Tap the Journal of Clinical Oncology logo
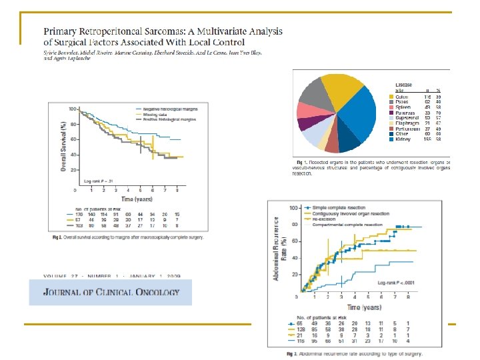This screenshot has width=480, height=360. pyautogui.click(x=110, y=292)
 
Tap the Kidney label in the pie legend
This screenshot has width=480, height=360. pyautogui.click(x=403, y=139)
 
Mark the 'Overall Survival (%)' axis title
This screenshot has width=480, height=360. pyautogui.click(x=63, y=147)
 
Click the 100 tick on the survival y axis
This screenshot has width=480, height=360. pyautogui.click(x=71, y=108)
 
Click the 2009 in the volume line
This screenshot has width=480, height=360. pyautogui.click(x=175, y=275)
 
